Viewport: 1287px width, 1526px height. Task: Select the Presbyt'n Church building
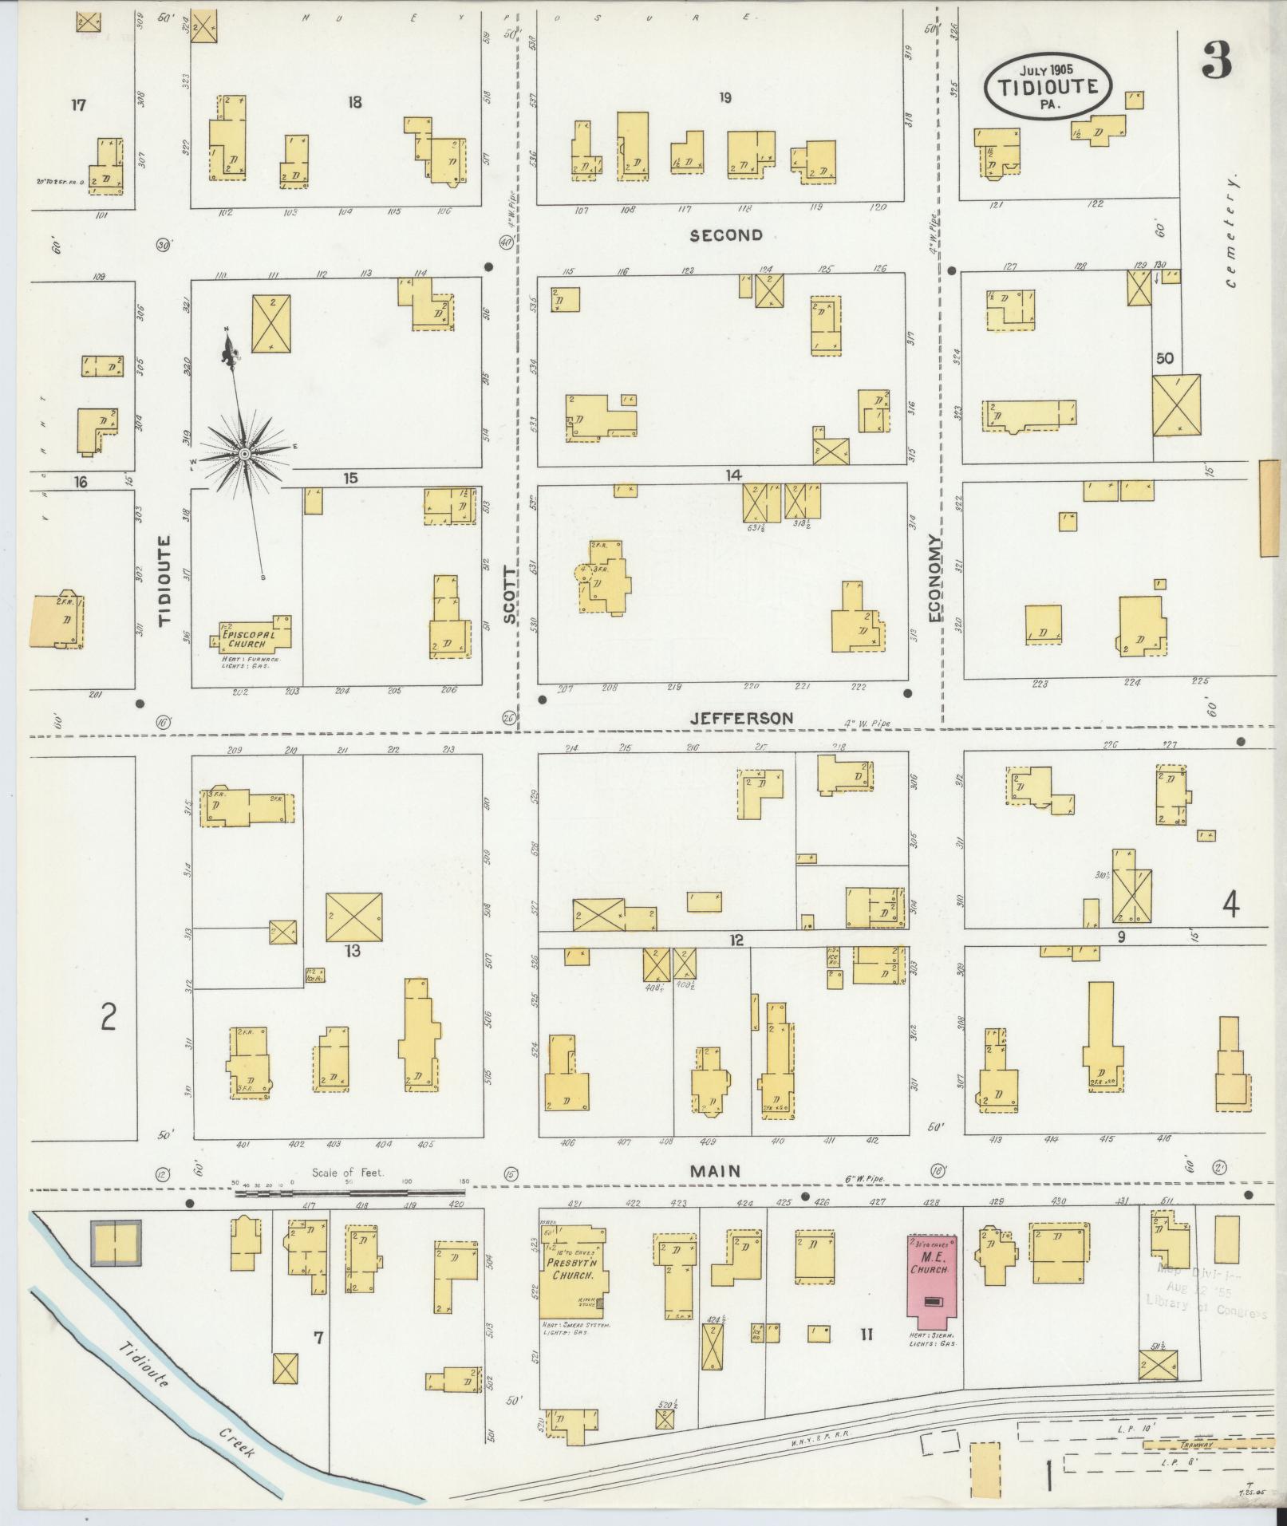coord(572,1276)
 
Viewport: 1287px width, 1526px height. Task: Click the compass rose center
coord(243,454)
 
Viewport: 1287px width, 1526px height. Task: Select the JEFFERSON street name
coord(741,718)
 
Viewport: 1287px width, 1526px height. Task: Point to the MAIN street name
coord(716,1171)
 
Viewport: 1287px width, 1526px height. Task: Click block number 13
coord(352,951)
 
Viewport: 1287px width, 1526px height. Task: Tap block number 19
coord(724,98)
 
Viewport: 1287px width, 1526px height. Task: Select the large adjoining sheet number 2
coord(108,1017)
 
